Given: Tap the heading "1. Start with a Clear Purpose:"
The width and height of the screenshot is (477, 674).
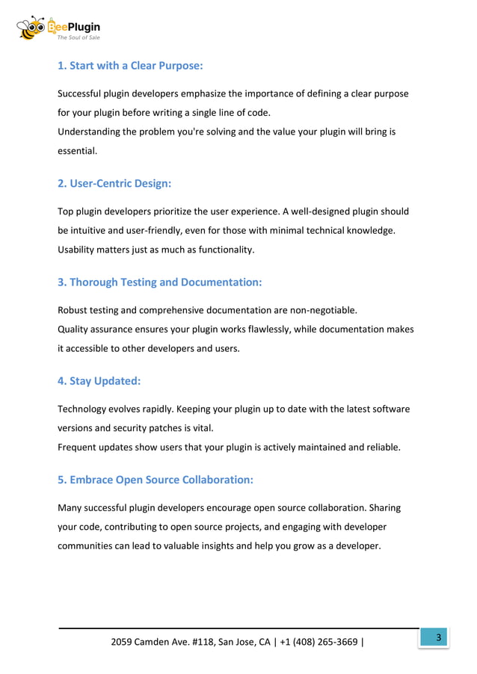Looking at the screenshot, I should pos(130,66).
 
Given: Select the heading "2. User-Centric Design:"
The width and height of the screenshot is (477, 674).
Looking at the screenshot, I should pos(114,183).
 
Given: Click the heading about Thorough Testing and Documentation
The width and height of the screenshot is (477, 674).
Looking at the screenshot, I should pos(159,282).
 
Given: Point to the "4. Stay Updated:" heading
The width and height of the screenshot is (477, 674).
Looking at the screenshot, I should pos(99,381).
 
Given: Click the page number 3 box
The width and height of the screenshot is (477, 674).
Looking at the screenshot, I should pos(438,637).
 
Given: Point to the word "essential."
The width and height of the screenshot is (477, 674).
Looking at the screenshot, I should pos(78,150).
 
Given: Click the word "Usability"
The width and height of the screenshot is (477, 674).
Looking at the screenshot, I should pos(79,250).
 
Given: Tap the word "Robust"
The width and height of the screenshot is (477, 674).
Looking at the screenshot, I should pos(74,309).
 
